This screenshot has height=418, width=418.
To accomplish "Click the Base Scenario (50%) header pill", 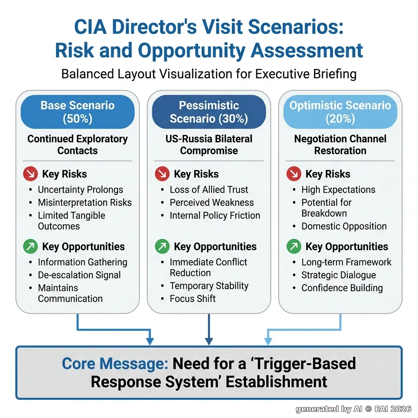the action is point(78,112).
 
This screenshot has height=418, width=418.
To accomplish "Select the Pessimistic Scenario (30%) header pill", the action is point(209,112).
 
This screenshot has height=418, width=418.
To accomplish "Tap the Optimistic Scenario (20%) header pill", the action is point(340,112).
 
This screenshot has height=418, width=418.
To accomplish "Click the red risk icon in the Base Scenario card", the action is point(30,174).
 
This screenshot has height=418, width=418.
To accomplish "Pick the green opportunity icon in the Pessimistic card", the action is point(162,246).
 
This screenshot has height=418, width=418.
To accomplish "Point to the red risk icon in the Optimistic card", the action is point(294,174).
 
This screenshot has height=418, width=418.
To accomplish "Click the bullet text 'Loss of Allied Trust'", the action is point(209,189).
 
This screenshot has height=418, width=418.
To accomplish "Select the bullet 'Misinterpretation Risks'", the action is point(85,202).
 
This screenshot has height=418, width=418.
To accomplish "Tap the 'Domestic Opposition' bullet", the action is point(344,226).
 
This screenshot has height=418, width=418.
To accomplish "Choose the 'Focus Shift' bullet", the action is point(193,298).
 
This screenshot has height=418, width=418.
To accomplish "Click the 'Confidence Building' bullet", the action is point(342,288).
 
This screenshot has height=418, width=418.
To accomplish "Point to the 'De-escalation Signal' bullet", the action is point(79,275).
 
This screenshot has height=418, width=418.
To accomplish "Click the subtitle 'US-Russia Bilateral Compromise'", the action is point(209,145).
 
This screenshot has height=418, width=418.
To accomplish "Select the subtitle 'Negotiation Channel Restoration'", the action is point(340,145).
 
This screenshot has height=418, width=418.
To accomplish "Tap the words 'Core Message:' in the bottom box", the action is point(115,364).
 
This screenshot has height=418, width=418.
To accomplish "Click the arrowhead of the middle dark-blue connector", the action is point(209,342).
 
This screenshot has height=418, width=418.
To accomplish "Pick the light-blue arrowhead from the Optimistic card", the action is point(268,342).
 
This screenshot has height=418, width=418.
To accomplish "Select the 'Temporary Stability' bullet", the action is point(209,286).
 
